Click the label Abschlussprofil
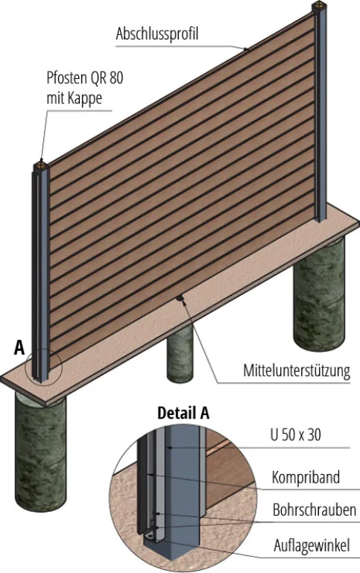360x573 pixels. point(157,34)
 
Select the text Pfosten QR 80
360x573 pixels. point(85,77)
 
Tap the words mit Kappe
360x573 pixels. point(75,98)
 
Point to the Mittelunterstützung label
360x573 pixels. point(297,370)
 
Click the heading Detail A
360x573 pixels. point(183,413)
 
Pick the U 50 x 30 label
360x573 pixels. point(296,435)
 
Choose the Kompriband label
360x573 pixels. point(306,478)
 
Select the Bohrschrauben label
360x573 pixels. point(315,510)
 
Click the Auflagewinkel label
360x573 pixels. point(312,545)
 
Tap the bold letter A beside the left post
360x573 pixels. point(19,347)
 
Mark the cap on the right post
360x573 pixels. point(319,6)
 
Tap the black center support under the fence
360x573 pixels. point(180,298)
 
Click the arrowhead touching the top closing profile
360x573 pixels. point(246,48)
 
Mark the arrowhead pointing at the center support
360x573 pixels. point(185,303)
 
